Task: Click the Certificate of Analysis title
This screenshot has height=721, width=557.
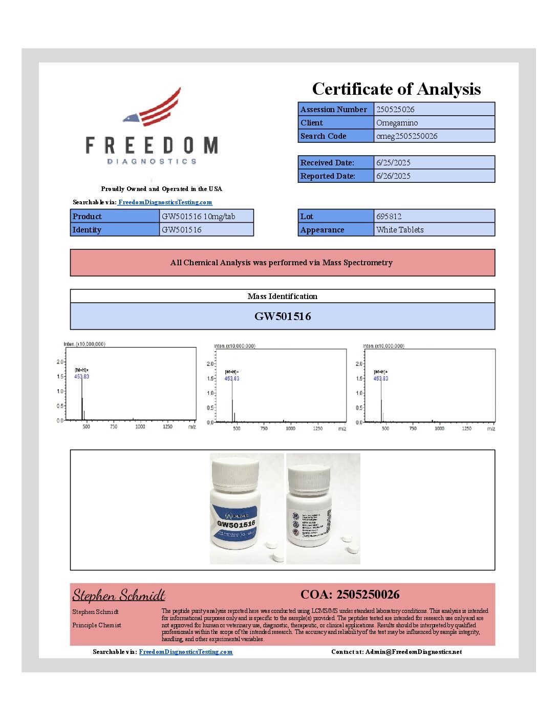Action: point(396,89)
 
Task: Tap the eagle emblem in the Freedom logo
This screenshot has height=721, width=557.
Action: point(153,109)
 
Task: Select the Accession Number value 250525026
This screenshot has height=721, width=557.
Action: point(395,109)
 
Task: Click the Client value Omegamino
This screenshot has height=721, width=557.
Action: point(397,122)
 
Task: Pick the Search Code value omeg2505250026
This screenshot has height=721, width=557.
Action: point(406,136)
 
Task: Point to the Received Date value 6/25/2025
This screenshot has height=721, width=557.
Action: point(393,162)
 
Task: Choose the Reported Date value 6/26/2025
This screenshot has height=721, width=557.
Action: point(393,176)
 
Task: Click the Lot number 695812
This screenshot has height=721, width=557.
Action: point(389,216)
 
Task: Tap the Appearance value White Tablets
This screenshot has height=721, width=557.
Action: point(400,229)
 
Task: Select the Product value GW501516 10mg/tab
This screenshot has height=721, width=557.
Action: point(199,216)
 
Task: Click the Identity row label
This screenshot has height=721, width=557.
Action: point(87,229)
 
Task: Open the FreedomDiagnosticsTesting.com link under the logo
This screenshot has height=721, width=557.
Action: point(165,202)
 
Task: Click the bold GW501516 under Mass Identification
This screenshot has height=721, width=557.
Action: point(283,316)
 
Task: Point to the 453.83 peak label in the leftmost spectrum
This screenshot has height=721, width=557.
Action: point(81,376)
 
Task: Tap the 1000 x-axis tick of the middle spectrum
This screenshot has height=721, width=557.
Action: point(290,429)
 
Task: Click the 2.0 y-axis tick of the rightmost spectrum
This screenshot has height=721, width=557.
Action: point(359,364)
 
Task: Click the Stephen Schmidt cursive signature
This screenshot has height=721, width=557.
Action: point(119,595)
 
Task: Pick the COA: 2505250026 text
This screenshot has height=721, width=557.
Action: point(350,595)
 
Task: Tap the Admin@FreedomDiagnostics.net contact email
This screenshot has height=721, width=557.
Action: point(414,652)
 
